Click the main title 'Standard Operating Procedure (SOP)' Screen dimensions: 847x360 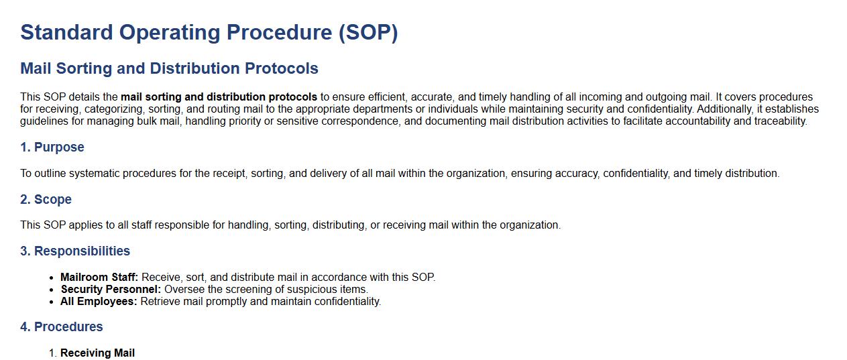(209, 33)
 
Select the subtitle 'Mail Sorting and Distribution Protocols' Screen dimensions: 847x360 (169, 68)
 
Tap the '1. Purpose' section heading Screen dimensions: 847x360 (52, 147)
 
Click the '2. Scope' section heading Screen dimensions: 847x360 (46, 199)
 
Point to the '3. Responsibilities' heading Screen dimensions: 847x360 (75, 251)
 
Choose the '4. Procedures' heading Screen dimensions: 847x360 (62, 326)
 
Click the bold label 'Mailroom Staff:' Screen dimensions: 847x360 (99, 277)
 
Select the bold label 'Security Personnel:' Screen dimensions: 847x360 (111, 290)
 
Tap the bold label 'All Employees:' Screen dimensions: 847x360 (99, 302)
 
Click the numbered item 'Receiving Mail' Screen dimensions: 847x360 (97, 353)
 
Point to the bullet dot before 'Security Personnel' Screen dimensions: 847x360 (52, 290)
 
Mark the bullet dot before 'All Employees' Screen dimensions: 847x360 (52, 302)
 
